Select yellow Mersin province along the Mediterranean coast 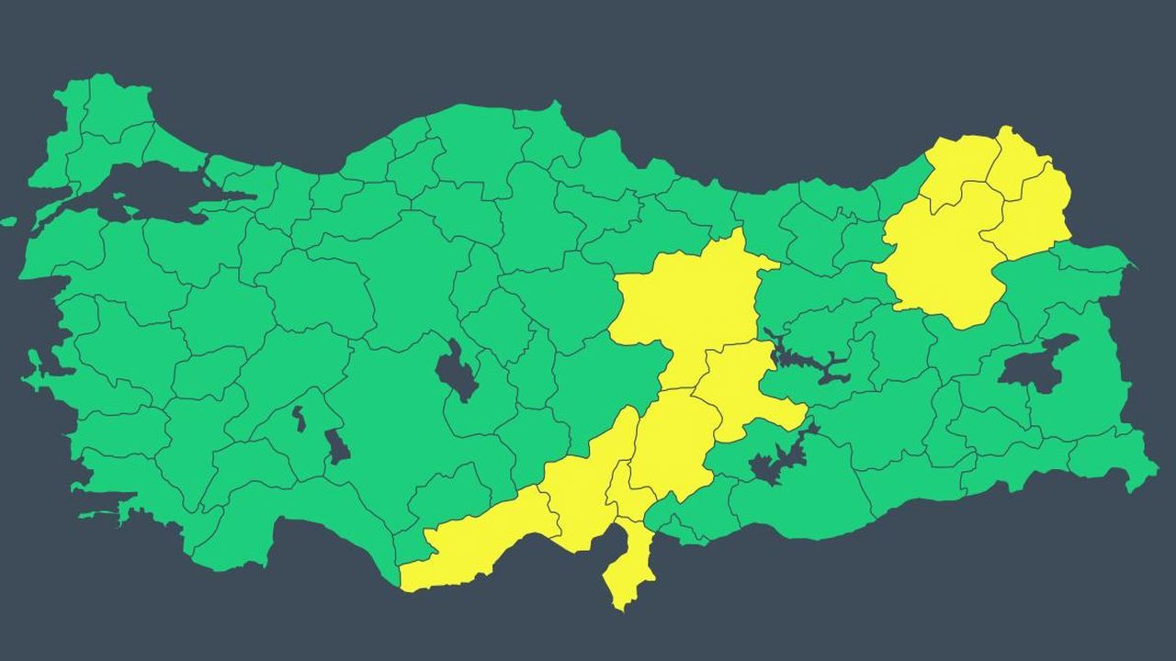pyautogui.click(x=478, y=546)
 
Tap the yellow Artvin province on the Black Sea pyautogui.click(x=960, y=165)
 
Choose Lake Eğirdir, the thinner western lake pyautogui.click(x=299, y=419)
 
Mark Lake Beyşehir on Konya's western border pyautogui.click(x=337, y=447)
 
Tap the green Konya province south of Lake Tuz pyautogui.click(x=404, y=431)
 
